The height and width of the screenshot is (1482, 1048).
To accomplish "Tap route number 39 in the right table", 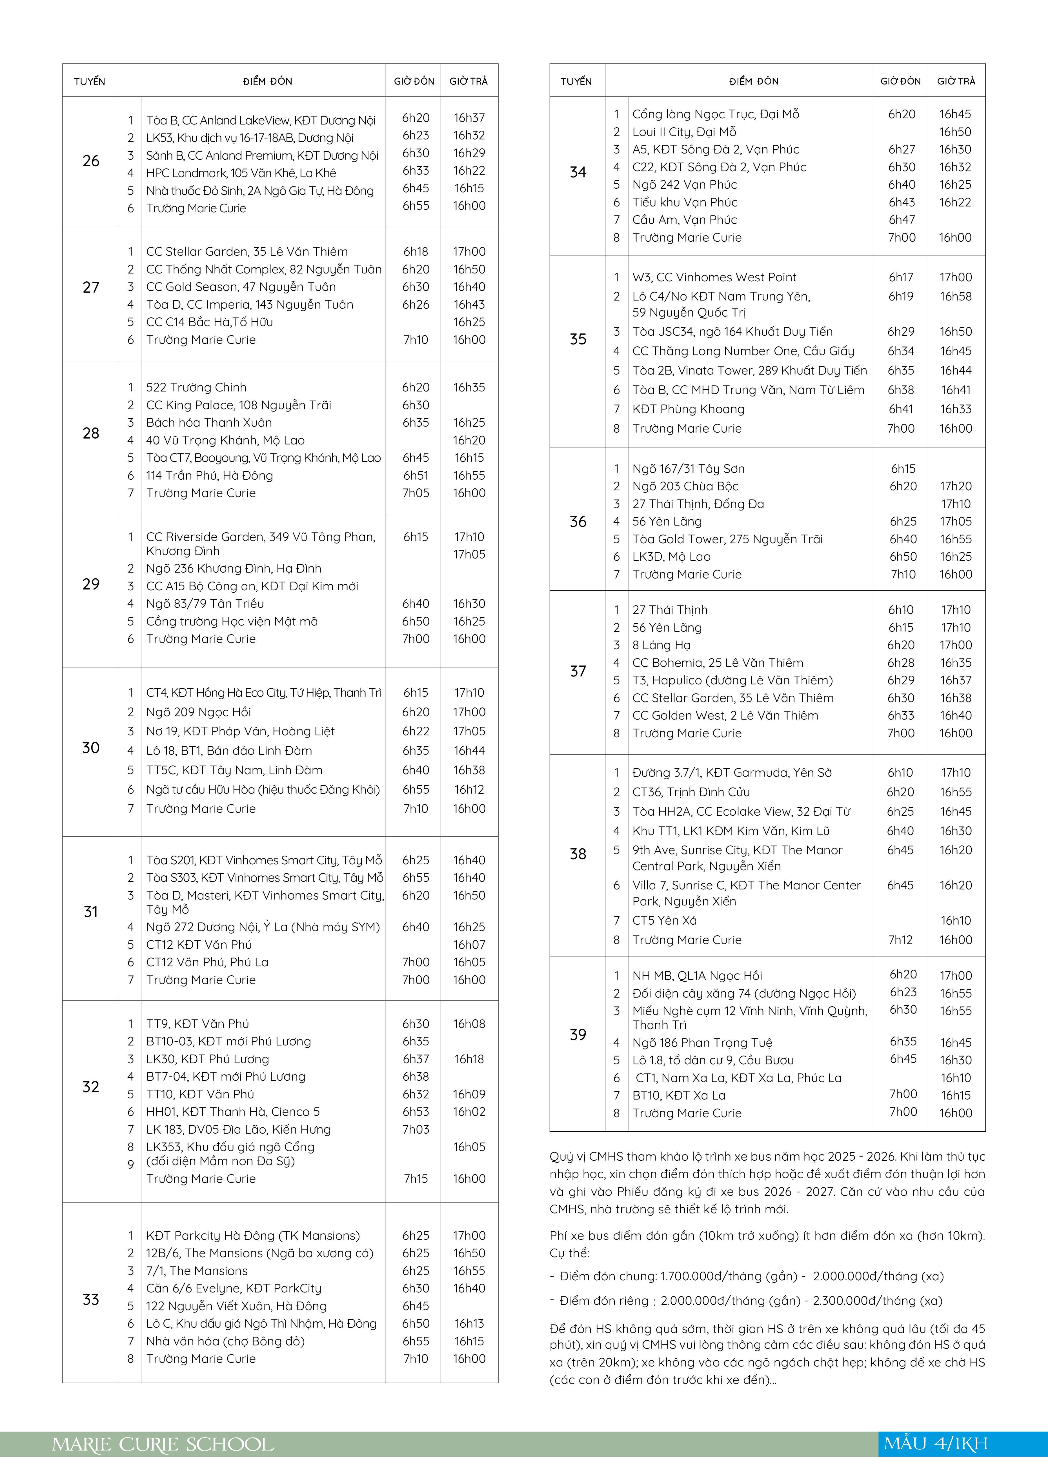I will pos(578,1035).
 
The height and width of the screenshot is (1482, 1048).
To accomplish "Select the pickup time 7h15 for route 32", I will pos(416,1179).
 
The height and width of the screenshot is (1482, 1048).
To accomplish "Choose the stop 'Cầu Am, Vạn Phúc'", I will pos(685,220).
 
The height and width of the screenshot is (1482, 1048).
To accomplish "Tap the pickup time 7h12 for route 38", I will pos(901,940).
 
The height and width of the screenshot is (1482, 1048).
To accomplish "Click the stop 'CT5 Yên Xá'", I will pos(665,920).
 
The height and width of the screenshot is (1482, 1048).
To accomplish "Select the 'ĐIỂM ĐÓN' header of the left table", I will pos(267,81).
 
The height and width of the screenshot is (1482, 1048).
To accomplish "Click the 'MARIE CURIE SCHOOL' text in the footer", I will pos(163,1445).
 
